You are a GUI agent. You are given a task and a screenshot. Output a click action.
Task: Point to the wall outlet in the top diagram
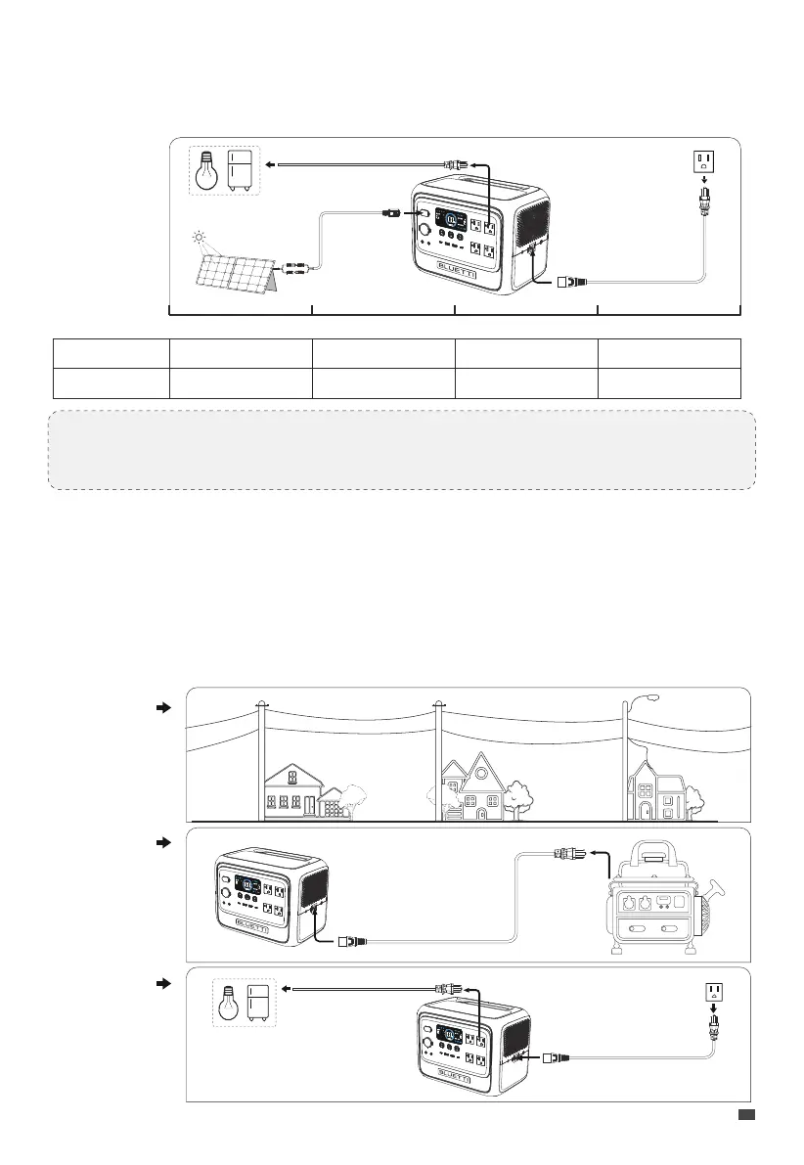(x=704, y=161)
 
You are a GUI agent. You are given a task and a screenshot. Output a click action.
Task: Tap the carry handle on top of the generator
(x=657, y=852)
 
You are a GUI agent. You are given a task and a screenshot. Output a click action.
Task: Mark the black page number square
(x=745, y=1114)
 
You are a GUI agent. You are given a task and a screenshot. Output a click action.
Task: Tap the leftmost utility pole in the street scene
(x=261, y=758)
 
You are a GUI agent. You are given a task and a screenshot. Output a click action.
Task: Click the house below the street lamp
(x=654, y=792)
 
